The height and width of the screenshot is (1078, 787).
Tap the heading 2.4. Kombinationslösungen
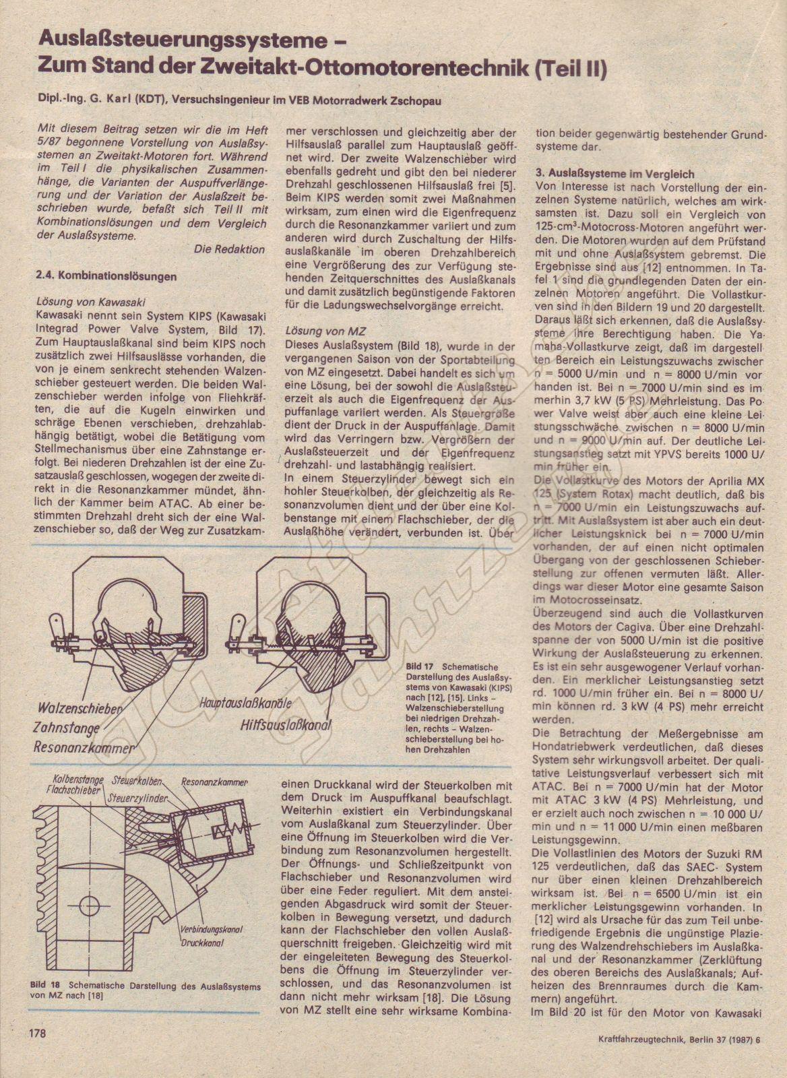(106, 276)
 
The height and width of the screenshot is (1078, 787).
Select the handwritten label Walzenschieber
(82, 709)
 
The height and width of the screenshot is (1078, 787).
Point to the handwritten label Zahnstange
(67, 728)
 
